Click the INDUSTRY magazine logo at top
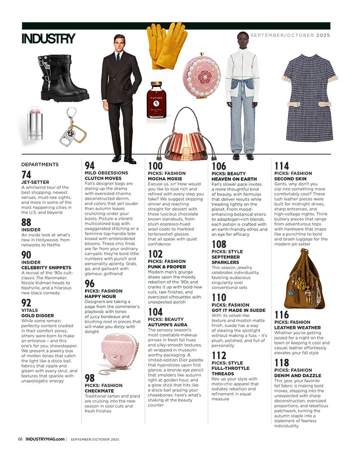pyautogui.click(x=49, y=38)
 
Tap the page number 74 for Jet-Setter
pyautogui.click(x=26, y=174)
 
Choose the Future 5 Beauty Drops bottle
pyautogui.click(x=156, y=100)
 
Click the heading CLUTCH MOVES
pyautogui.click(x=103, y=178)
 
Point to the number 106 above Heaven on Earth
pyautogui.click(x=219, y=166)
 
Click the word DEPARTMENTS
pyautogui.click(x=40, y=164)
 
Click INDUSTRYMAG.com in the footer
pyautogui.click(x=45, y=439)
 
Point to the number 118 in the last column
pyautogui.click(x=282, y=363)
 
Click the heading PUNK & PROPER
pyautogui.click(x=167, y=266)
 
